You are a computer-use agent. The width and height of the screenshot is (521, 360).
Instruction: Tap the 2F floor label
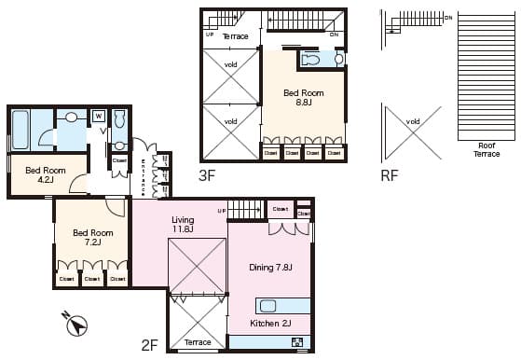pyautogui.click(x=149, y=345)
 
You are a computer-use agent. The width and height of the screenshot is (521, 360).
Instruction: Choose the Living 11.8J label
pyautogui.click(x=182, y=224)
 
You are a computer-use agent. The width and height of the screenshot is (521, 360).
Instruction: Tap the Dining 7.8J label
pyautogui.click(x=270, y=268)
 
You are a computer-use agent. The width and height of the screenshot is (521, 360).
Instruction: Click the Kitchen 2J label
pyautogui.click(x=271, y=324)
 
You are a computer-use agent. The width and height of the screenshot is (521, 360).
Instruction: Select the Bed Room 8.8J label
pyautogui.click(x=304, y=98)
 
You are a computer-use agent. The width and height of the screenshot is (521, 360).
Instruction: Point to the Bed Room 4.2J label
pyautogui.click(x=45, y=174)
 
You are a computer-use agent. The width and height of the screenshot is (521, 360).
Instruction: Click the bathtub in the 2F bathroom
pyautogui.click(x=21, y=130)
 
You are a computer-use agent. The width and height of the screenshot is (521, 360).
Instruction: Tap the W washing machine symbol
pyautogui.click(x=98, y=116)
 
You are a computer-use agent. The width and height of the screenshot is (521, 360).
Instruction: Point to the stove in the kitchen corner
pyautogui.click(x=298, y=342)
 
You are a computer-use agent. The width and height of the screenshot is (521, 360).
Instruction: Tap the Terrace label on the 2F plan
pyautogui.click(x=198, y=342)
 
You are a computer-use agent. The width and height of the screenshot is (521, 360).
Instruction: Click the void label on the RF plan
pyautogui.click(x=413, y=121)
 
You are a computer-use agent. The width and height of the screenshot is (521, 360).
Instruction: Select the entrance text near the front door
pyautogui.click(x=143, y=175)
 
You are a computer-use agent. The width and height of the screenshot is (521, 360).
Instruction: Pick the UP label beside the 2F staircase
pyautogui.click(x=222, y=212)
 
